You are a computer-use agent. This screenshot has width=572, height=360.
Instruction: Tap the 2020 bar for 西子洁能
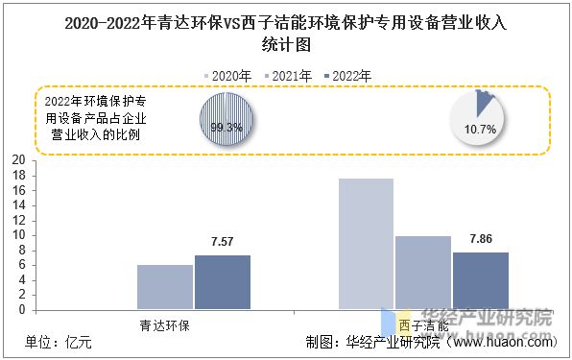coord(366,244)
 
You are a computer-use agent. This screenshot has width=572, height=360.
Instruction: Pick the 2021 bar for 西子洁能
coord(423,273)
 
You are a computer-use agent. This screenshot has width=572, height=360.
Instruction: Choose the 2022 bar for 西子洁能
coord(481,280)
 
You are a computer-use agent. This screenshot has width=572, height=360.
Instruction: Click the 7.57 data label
coord(223,242)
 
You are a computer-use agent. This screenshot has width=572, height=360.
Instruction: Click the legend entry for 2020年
coord(228,75)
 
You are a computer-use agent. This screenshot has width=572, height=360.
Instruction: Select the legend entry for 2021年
coord(288,75)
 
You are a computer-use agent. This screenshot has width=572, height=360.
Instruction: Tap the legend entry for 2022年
coord(348,75)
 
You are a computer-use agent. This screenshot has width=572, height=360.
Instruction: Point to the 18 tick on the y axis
coord(18,190)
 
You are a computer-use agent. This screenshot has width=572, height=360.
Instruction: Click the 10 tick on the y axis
coord(18,235)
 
